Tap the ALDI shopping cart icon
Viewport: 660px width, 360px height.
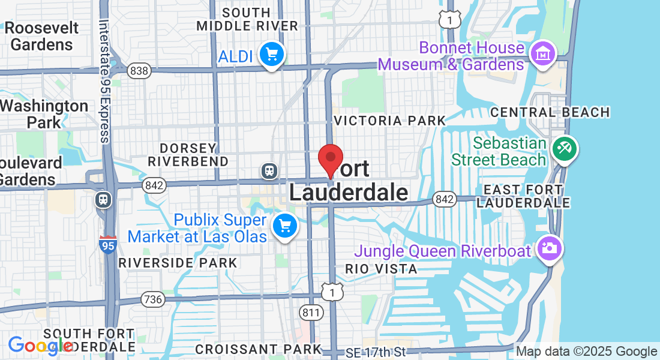[272, 55]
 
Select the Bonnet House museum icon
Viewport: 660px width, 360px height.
[542, 55]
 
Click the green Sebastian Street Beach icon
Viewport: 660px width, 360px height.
[563, 150]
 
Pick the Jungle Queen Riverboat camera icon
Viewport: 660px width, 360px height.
[548, 247]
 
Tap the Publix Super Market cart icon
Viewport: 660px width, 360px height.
[284, 226]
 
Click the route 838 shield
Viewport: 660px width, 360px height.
[139, 71]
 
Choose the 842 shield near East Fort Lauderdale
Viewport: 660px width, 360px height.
[445, 199]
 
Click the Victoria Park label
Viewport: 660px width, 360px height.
[389, 121]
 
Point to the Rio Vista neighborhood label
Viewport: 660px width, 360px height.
[381, 269]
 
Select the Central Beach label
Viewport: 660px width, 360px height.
[550, 112]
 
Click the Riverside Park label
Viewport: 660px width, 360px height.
[178, 263]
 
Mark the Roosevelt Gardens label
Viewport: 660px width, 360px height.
[42, 36]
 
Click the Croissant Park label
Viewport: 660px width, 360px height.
[258, 349]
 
